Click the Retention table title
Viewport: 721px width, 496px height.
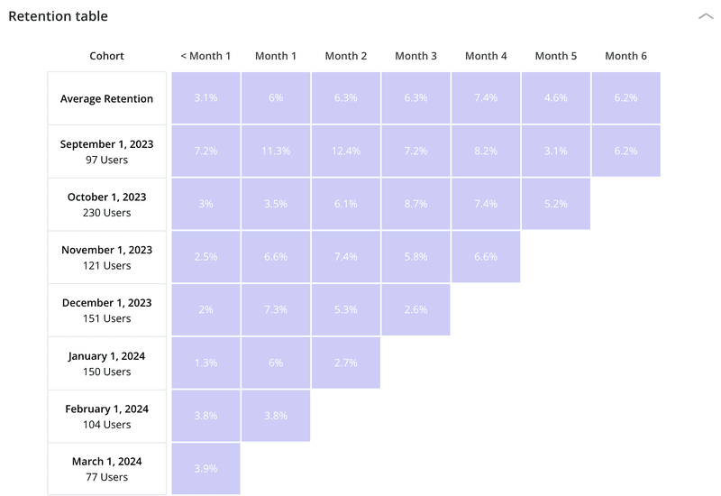58,16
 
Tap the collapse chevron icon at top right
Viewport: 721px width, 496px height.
705,16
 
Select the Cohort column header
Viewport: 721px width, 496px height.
106,56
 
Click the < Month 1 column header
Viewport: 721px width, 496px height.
205,56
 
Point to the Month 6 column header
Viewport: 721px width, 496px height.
625,56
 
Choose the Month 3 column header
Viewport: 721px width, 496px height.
415,56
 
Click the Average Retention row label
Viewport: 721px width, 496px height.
106,98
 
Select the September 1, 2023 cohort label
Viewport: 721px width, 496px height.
106,151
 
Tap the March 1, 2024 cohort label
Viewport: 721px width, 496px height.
106,468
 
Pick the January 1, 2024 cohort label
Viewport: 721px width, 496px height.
106,363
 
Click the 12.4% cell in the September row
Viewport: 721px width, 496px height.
346,151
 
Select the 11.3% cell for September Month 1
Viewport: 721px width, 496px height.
276,151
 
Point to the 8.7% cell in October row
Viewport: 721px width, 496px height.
415,204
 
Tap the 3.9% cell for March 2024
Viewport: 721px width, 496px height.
205,468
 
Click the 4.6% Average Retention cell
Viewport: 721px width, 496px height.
556,98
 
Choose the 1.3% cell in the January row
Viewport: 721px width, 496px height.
205,363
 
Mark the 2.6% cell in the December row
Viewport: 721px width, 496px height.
415,309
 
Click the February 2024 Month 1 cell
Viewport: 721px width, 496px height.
276,416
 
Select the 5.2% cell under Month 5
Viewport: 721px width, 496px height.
556,204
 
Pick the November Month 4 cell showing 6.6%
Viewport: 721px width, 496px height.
486,257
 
